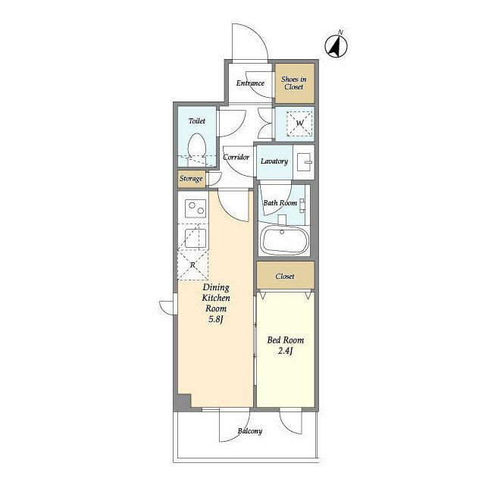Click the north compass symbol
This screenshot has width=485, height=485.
point(336,46)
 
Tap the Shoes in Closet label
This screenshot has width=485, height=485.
point(294,83)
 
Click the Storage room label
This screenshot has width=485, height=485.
point(191,179)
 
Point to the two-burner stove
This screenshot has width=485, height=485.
point(196,208)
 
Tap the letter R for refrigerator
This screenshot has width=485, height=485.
point(192,264)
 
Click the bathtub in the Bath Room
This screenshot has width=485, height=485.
point(285,240)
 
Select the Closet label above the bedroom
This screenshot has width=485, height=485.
point(285,276)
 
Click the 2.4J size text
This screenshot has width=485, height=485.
point(285,351)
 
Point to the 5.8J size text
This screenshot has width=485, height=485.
point(216,319)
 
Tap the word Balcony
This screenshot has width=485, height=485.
point(250,431)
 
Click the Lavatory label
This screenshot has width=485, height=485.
point(274,161)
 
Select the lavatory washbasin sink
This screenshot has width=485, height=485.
point(305,162)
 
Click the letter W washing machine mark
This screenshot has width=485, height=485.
point(300,123)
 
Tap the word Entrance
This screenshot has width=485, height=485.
point(250,83)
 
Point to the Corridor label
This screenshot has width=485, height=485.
point(236,157)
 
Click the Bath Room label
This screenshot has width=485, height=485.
point(280,203)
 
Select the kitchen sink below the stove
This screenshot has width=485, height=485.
point(196,238)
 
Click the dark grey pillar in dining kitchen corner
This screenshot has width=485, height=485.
point(184,401)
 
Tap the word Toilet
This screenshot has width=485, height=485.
point(197,121)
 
